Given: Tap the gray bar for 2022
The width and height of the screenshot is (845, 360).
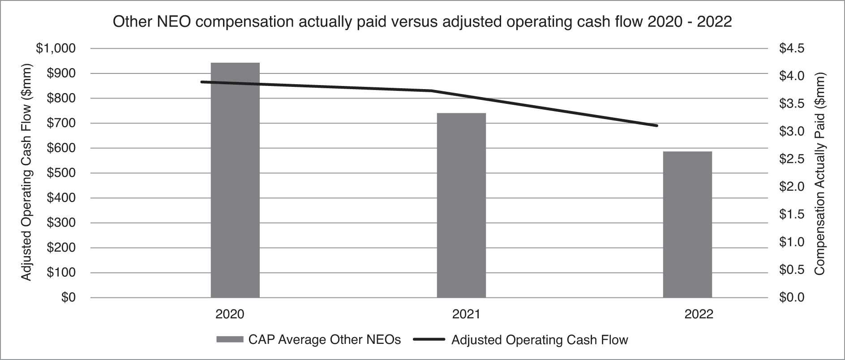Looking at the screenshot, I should [x=687, y=224].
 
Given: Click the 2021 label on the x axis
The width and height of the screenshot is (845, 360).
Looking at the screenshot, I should [x=466, y=314].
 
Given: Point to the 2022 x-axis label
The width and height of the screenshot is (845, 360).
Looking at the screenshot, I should [x=699, y=314].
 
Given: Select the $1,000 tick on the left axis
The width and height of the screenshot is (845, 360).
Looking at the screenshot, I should [x=56, y=48].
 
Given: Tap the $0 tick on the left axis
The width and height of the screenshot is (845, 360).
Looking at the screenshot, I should [x=69, y=297].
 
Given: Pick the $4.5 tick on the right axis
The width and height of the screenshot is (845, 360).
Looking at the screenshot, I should [x=792, y=48].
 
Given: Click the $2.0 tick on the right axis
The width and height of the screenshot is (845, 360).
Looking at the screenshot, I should [x=792, y=187].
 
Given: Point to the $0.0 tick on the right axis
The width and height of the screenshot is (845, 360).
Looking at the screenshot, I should [x=792, y=297].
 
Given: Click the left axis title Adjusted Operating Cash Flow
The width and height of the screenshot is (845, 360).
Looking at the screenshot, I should [x=27, y=173].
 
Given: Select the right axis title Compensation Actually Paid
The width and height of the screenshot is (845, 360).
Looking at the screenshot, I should [x=819, y=174].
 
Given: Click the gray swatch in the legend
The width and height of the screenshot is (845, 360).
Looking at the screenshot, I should [x=230, y=340].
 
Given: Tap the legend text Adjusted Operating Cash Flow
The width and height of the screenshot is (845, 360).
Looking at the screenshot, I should [x=540, y=340].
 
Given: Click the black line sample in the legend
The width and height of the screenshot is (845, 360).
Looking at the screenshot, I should [x=428, y=340].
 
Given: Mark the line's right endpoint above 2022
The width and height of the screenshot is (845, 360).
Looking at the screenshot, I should [x=657, y=125].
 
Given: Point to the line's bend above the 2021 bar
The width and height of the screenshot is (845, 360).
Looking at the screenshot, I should [x=431, y=91].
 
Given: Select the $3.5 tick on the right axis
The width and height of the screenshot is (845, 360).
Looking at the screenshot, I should [x=792, y=104].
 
